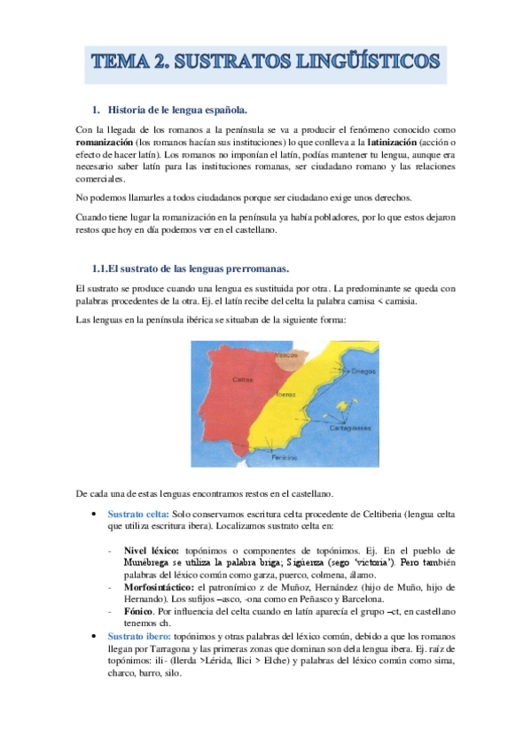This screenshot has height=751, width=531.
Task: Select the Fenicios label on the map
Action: point(283,458)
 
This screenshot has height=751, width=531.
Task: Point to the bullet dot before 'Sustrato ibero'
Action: point(95,636)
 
